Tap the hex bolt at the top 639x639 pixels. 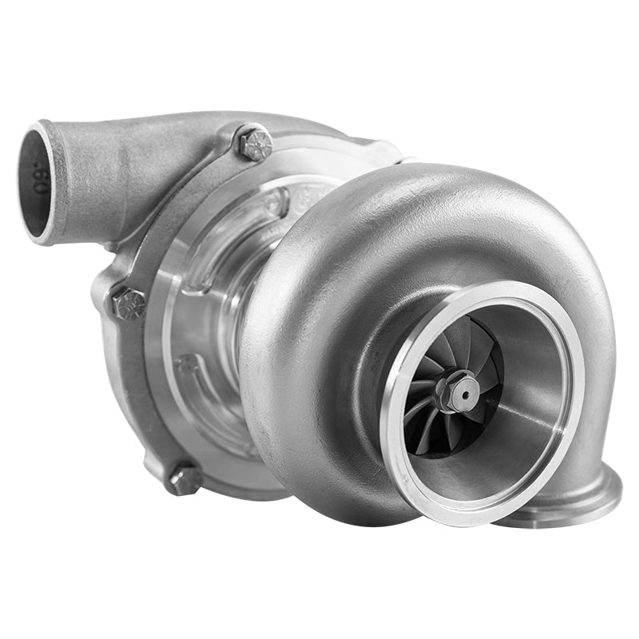[x=255, y=143]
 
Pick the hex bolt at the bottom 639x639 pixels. [x=185, y=480]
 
